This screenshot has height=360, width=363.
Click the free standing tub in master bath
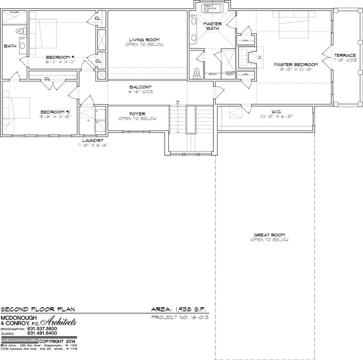[213, 8]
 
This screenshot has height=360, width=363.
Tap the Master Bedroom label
[295, 64]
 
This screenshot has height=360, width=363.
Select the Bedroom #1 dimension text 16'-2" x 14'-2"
[61, 62]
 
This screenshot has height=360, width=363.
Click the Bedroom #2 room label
[55, 112]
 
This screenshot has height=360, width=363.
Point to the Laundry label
[93, 140]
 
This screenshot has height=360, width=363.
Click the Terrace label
[345, 56]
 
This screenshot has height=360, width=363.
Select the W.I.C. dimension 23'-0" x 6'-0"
[277, 116]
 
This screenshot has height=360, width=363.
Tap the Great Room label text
[269, 235]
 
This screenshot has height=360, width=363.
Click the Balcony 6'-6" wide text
[141, 92]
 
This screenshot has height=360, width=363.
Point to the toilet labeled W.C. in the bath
[19, 31]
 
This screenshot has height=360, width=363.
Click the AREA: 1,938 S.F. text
[178, 310]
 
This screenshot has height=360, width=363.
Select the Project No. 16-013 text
[179, 318]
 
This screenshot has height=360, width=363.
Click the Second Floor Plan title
[37, 310]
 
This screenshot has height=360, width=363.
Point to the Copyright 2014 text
[57, 341]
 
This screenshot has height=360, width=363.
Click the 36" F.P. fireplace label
[260, 57]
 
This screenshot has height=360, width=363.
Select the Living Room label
[144, 40]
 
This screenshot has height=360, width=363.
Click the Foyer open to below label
[137, 116]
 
